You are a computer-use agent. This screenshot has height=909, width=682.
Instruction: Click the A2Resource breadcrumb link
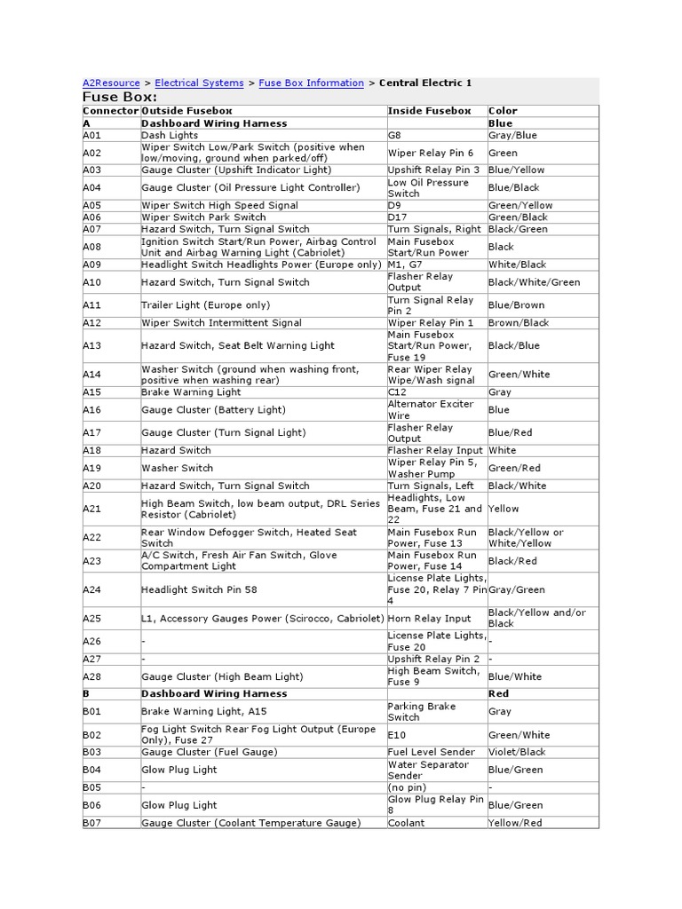(111, 83)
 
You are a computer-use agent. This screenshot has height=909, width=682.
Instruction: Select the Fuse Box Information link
(311, 83)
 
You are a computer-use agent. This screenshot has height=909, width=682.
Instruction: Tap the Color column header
(503, 111)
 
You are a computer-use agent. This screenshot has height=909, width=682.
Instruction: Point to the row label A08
(92, 247)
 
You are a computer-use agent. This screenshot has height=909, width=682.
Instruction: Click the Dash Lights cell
(170, 135)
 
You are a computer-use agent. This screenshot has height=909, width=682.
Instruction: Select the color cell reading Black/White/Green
(534, 282)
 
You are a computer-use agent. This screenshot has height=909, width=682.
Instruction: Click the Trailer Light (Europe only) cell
(194, 305)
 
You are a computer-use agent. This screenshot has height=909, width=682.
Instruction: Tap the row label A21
(92, 509)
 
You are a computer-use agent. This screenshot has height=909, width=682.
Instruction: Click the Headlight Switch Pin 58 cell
(199, 589)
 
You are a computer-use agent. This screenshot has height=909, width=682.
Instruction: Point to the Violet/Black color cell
(517, 752)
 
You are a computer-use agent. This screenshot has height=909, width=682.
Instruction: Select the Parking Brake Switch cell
(422, 712)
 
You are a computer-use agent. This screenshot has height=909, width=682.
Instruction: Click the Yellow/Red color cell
(515, 823)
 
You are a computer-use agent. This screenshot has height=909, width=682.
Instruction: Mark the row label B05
(92, 787)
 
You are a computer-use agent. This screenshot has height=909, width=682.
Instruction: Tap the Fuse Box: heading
(120, 97)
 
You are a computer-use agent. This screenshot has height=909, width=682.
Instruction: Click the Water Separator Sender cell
(428, 770)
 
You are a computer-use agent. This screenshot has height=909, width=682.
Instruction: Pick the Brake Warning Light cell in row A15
(191, 391)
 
